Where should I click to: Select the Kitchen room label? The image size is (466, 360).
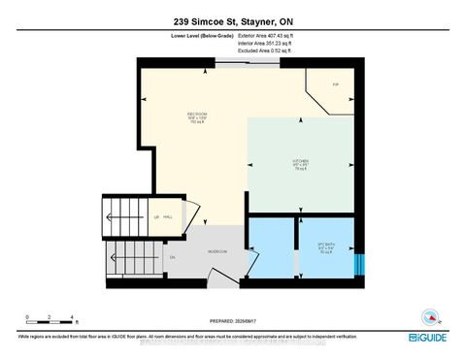click(300, 164)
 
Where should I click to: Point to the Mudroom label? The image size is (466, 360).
click(217, 251)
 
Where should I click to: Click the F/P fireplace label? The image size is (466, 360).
click(335, 84)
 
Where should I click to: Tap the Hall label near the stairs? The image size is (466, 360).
click(167, 218)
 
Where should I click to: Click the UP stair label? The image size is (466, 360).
click(155, 218)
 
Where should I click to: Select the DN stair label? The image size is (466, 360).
click(172, 257)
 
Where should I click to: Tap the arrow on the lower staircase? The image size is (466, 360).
click(131, 259)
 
